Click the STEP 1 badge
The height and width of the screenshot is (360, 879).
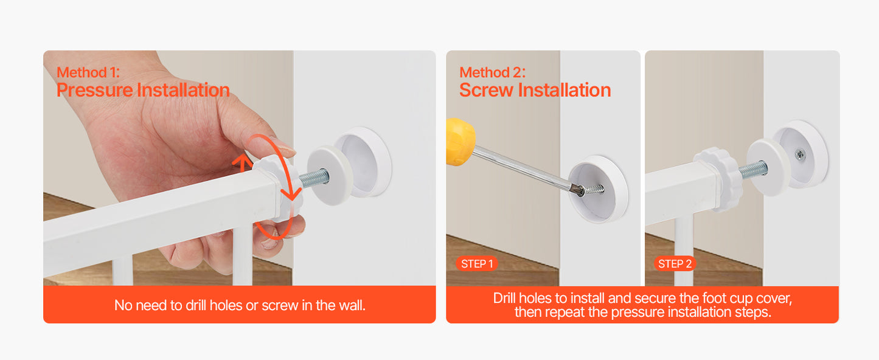[476, 264]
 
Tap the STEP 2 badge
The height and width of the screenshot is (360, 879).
[675, 264]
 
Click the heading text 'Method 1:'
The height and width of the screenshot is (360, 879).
[88, 72]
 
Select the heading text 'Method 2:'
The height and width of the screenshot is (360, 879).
[492, 72]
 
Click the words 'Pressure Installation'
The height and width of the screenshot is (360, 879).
[143, 91]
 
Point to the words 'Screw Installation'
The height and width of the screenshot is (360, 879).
[535, 91]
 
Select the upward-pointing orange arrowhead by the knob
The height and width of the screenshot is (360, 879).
[243, 161]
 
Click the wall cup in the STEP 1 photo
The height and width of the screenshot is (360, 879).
[599, 188]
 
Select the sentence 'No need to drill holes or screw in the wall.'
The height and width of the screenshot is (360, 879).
[240, 305]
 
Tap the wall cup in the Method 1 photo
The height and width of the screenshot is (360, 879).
[363, 161]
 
